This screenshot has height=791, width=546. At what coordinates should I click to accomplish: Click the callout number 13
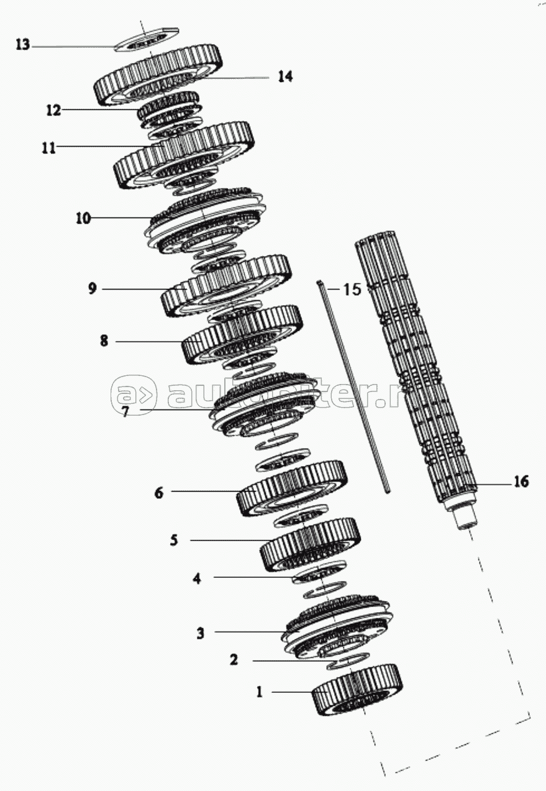coord(22,45)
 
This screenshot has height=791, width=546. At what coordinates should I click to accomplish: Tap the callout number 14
coord(285,76)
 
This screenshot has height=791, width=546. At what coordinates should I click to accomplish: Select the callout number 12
coord(53,110)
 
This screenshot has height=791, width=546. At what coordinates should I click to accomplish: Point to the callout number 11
coord(48,148)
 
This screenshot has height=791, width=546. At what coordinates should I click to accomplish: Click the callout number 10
coord(83,218)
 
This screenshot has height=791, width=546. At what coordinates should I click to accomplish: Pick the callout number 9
coord(92,289)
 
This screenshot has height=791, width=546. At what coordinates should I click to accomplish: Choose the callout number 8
coord(104,341)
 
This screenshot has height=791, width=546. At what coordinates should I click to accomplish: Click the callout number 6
coord(159,493)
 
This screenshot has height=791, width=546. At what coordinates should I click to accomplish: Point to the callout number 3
coord(201,633)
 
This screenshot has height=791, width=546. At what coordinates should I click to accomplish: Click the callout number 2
coord(234,660)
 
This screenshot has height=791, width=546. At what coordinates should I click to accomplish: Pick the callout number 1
coord(260,692)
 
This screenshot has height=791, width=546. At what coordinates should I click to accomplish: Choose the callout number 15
coord(352,290)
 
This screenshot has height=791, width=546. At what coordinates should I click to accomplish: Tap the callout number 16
coord(520,482)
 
